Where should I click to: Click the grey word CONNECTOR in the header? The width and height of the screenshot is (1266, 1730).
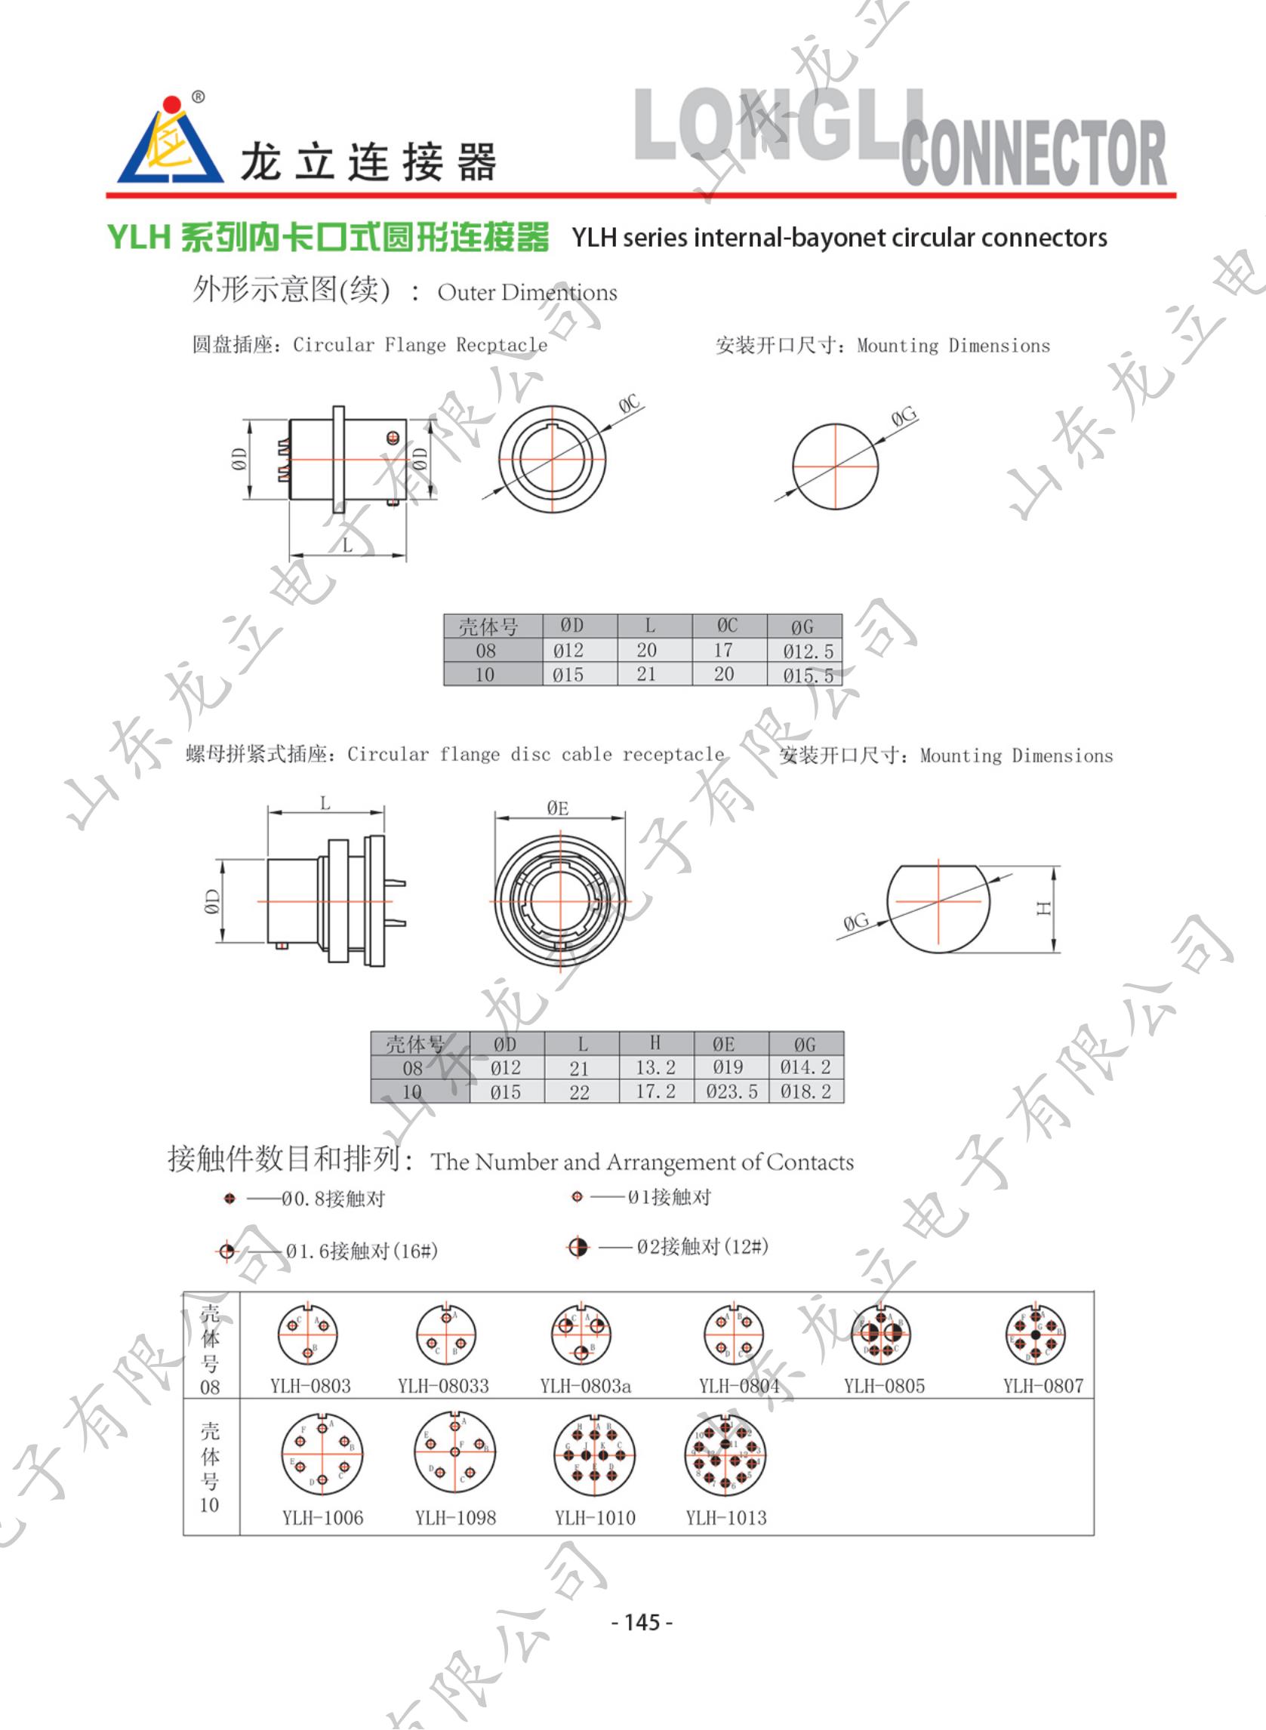(1033, 153)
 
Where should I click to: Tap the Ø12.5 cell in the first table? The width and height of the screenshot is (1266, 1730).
(807, 651)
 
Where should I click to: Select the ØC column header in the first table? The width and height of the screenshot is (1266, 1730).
(727, 626)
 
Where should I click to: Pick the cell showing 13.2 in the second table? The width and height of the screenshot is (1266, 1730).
(655, 1068)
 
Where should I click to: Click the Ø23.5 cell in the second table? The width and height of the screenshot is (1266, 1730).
(731, 1091)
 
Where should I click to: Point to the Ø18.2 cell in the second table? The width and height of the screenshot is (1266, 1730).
(805, 1091)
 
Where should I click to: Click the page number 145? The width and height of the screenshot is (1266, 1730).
(642, 1622)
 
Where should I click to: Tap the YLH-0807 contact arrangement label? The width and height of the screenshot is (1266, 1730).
(1043, 1386)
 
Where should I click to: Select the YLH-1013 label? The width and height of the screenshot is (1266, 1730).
(725, 1518)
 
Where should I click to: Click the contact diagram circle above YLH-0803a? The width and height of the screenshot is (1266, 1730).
(581, 1335)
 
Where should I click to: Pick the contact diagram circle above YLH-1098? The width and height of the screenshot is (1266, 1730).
(455, 1453)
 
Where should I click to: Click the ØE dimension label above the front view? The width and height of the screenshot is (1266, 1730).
(558, 808)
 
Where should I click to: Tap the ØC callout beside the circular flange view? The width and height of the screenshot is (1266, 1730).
(629, 404)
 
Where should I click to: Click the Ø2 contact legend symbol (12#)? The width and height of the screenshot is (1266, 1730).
(578, 1248)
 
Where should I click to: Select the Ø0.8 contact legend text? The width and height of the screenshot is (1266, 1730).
(333, 1199)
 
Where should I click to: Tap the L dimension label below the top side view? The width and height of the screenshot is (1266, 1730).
(347, 546)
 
